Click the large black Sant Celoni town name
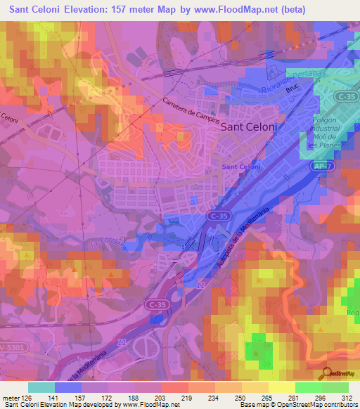pos(249,128)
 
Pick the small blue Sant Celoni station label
pos(241,167)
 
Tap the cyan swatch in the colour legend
pos(41,387)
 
